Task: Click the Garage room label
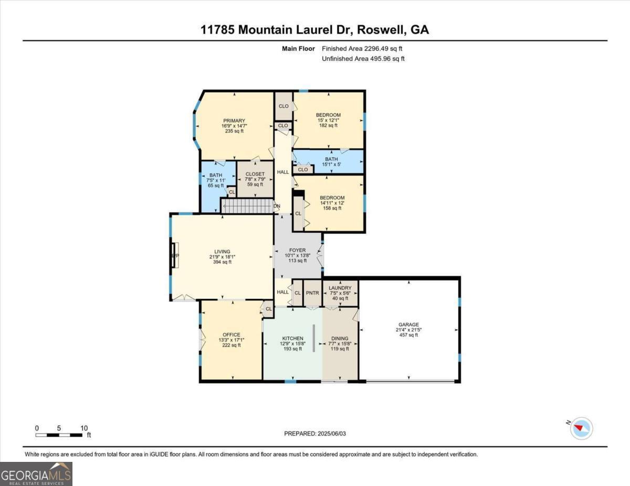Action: [408, 325]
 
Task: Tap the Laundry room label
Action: [340, 288]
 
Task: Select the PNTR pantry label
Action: [312, 293]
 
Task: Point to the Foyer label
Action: [298, 250]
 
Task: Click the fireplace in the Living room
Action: [175, 255]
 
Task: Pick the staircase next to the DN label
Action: [247, 206]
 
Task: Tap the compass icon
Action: [581, 428]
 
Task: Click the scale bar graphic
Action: [59, 435]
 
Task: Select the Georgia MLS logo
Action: [36, 474]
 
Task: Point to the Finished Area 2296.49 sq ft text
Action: [362, 49]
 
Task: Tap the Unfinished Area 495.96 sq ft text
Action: [363, 59]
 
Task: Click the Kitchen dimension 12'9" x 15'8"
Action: [293, 343]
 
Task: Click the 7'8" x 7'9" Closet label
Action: [255, 179]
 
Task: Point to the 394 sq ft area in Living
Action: [223, 262]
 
